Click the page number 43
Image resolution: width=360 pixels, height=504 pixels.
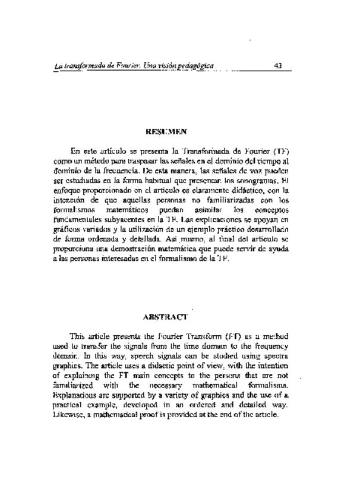[x=278, y=66]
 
